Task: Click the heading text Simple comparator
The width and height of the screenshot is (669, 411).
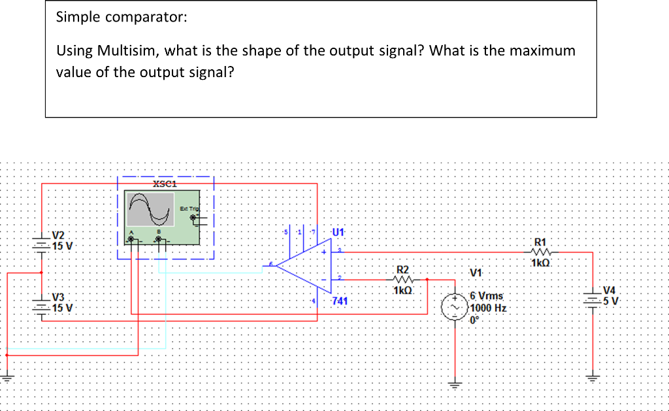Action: [122, 17]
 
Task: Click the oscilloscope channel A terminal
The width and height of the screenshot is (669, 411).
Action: [133, 240]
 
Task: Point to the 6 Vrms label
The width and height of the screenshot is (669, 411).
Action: [486, 296]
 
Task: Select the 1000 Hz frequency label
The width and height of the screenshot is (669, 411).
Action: [489, 308]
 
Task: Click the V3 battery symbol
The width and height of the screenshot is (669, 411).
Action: [42, 306]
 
